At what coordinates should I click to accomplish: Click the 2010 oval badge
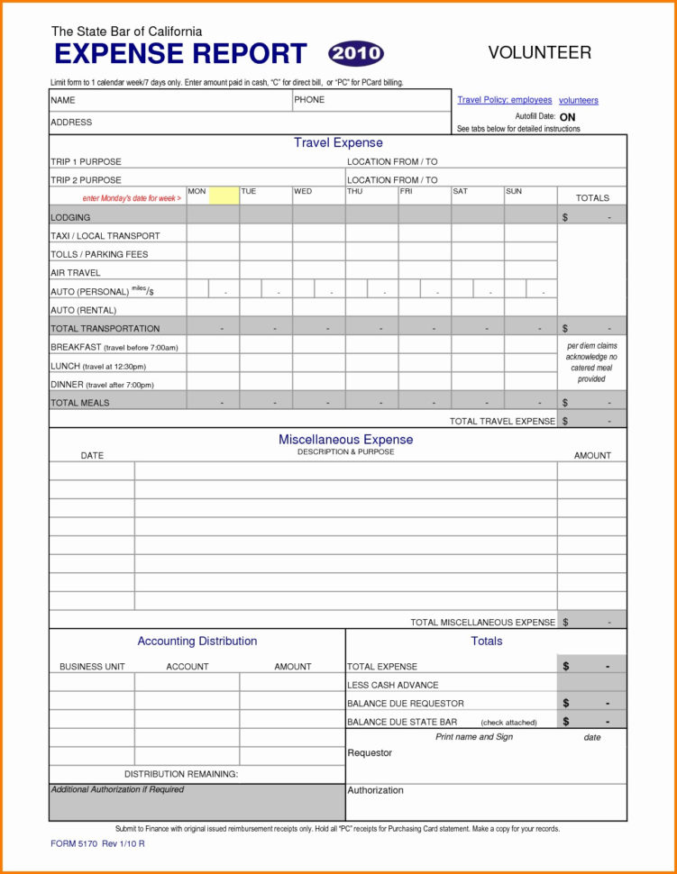pyautogui.click(x=355, y=53)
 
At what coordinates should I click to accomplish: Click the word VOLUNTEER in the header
pyautogui.click(x=539, y=53)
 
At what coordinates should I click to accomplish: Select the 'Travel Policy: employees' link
pyautogui.click(x=504, y=100)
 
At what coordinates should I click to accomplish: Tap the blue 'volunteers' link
pyautogui.click(x=578, y=100)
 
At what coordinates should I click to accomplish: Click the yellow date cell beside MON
pyautogui.click(x=224, y=196)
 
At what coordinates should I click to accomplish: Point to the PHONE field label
pyautogui.click(x=309, y=100)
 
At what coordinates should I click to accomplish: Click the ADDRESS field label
pyautogui.click(x=71, y=123)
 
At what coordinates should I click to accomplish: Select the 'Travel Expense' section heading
pyautogui.click(x=338, y=143)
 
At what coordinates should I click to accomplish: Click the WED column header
pyautogui.click(x=303, y=192)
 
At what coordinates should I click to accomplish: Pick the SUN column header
pyautogui.click(x=514, y=192)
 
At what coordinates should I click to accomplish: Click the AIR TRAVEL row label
pyautogui.click(x=76, y=272)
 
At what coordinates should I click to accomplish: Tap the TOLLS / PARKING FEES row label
pyautogui.click(x=99, y=254)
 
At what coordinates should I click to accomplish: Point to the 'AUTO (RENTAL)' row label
pyautogui.click(x=84, y=310)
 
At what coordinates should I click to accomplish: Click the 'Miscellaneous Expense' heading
pyautogui.click(x=345, y=440)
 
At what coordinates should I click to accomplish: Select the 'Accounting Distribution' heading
pyautogui.click(x=197, y=642)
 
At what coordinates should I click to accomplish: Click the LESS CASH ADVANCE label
pyautogui.click(x=393, y=685)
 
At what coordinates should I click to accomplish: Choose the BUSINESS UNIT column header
pyautogui.click(x=92, y=667)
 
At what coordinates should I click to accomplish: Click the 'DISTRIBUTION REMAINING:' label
pyautogui.click(x=181, y=774)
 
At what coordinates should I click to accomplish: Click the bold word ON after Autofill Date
pyautogui.click(x=567, y=117)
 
